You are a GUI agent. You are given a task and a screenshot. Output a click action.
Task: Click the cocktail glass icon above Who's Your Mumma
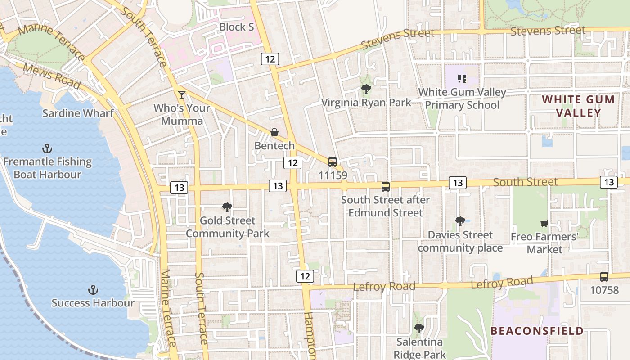181,94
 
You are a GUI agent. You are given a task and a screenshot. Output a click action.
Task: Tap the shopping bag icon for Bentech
274,132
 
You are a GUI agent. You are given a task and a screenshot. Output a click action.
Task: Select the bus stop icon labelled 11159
333,162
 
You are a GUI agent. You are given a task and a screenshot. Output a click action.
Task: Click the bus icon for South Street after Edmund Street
385,186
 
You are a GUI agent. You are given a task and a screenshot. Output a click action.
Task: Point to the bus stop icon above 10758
604,277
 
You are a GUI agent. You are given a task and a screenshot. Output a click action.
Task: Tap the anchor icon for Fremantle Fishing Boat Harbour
47,148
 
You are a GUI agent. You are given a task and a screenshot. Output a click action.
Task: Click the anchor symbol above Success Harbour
93,289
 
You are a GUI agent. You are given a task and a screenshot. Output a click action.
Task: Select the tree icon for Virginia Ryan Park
366,89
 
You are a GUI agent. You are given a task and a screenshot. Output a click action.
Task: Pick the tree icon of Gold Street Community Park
227,207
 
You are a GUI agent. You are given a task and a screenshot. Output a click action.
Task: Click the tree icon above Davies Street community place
460,221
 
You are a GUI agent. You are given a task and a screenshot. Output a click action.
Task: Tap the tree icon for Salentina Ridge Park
419,328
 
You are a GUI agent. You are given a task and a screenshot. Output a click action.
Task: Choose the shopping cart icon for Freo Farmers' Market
544,223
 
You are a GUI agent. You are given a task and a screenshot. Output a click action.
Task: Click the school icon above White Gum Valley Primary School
462,79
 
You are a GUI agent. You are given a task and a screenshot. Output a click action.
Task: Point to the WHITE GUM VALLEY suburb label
578,106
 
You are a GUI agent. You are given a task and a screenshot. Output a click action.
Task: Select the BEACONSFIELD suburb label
537,331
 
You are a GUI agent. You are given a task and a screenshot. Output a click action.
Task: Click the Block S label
237,27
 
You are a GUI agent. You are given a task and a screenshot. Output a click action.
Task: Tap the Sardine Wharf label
78,113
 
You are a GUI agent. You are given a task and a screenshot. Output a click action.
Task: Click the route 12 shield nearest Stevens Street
270,59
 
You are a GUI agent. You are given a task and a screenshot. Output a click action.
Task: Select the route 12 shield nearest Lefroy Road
305,276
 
